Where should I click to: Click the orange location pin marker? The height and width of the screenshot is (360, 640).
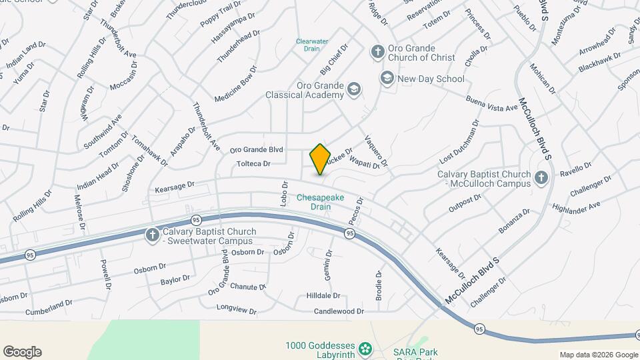(x=320, y=159)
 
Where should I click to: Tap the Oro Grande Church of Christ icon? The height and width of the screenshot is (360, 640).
(x=377, y=52)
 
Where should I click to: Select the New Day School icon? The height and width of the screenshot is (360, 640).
(x=387, y=79)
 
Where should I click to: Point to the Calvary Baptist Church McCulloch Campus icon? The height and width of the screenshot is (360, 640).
(x=541, y=178)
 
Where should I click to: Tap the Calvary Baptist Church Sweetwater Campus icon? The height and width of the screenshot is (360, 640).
(x=153, y=235)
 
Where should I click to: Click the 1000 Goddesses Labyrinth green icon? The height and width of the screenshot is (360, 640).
(x=365, y=347)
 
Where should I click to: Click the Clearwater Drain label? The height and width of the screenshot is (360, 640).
(x=312, y=45)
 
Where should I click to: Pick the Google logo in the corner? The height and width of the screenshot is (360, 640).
(x=22, y=352)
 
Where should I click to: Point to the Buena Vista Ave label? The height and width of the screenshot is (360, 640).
(x=492, y=103)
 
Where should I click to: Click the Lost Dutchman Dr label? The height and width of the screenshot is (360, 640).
(x=459, y=142)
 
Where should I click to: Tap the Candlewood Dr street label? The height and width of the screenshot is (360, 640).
(x=339, y=311)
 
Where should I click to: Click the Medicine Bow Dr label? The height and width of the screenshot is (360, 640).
(x=235, y=84)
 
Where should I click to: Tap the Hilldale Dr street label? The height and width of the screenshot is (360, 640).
(x=323, y=295)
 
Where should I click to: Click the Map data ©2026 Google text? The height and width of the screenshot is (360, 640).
(x=599, y=355)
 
